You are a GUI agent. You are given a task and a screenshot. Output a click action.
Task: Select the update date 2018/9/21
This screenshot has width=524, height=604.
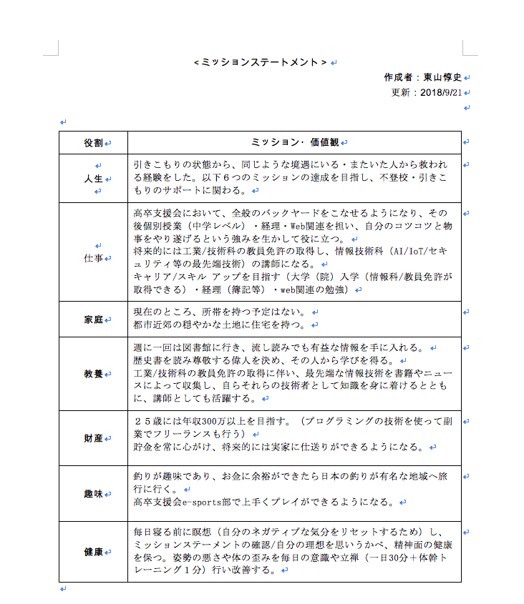(x=441, y=92)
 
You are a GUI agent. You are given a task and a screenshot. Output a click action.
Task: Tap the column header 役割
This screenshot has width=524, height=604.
(x=93, y=143)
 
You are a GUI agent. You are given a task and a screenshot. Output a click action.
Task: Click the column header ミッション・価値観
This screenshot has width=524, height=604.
(x=294, y=143)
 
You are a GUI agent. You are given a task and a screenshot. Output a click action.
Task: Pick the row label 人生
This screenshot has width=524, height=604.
(x=93, y=179)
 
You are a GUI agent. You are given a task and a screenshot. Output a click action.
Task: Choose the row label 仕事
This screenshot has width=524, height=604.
(x=93, y=257)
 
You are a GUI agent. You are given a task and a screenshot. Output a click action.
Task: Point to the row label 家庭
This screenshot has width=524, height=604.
(x=93, y=320)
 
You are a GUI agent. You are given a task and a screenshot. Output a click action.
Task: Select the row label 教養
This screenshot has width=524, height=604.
(x=93, y=374)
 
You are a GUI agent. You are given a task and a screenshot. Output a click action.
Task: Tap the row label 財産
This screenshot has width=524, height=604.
(x=93, y=438)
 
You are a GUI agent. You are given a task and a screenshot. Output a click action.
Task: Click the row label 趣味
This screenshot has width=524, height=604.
(x=93, y=494)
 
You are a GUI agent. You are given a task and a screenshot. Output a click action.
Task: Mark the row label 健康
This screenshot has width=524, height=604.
(x=93, y=552)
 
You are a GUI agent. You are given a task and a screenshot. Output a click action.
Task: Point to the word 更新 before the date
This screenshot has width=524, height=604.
(x=400, y=92)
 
